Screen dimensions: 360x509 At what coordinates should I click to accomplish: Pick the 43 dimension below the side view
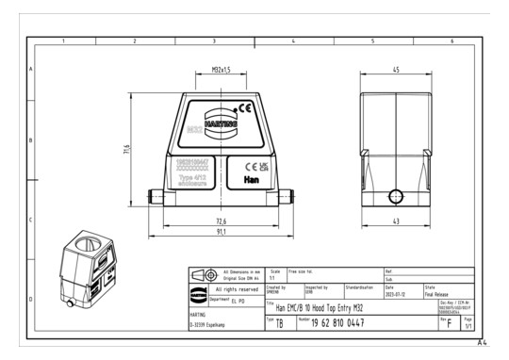396,221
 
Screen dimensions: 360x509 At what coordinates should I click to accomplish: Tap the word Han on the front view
252,179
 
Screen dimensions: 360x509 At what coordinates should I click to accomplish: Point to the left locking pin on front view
154,198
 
